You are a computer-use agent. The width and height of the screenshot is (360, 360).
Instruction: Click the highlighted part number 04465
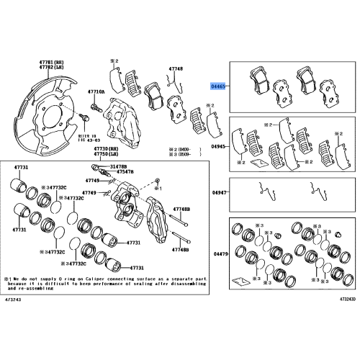(219, 84)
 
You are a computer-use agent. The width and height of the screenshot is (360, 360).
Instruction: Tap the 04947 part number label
(219, 193)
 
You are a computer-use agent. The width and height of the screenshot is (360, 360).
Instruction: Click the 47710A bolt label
(96, 93)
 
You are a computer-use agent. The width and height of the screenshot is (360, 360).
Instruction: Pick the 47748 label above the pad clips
(176, 69)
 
